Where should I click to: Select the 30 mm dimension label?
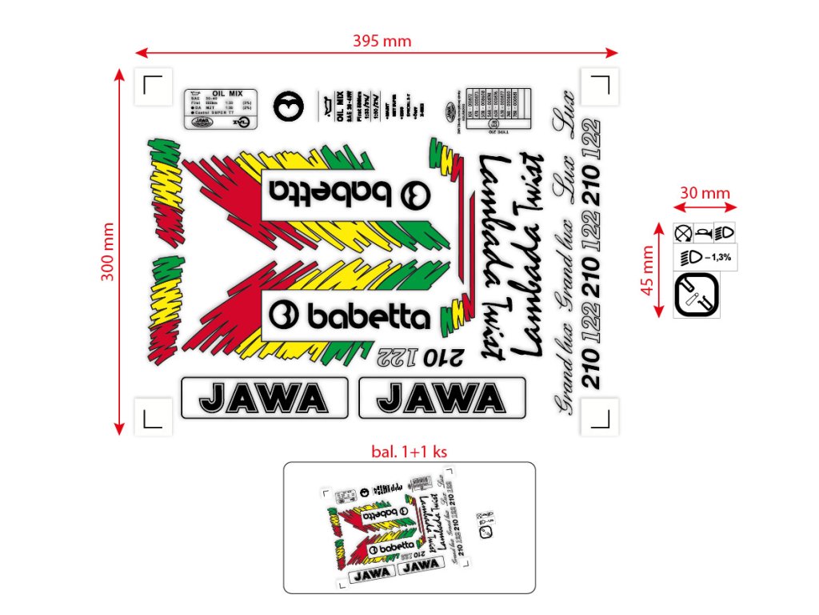point(705,193)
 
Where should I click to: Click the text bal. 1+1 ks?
point(409,451)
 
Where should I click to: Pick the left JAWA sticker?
point(264,397)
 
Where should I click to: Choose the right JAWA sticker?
point(441,397)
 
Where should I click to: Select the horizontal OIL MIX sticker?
point(220,108)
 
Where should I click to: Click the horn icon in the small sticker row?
point(704,233)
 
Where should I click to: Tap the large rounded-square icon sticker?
point(695,294)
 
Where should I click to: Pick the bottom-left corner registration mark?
point(153,416)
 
